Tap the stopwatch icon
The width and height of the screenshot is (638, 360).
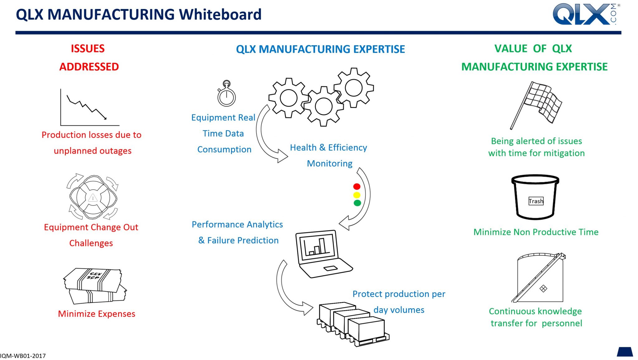[226, 94]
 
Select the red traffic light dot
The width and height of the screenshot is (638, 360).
[357, 186]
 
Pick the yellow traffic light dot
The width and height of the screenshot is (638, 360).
[357, 195]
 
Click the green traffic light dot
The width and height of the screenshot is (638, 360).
[357, 203]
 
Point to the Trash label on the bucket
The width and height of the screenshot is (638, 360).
[536, 201]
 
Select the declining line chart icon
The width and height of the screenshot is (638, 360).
[89, 108]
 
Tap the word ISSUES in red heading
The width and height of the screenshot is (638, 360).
[88, 49]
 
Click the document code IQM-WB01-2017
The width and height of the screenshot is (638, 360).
[23, 356]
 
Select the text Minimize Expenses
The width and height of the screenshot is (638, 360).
[97, 314]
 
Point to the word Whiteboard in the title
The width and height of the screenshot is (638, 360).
[220, 15]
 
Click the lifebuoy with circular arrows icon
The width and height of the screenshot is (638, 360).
[93, 197]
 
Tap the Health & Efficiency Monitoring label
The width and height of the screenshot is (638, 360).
[329, 155]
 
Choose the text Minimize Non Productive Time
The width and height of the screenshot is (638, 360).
[536, 232]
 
